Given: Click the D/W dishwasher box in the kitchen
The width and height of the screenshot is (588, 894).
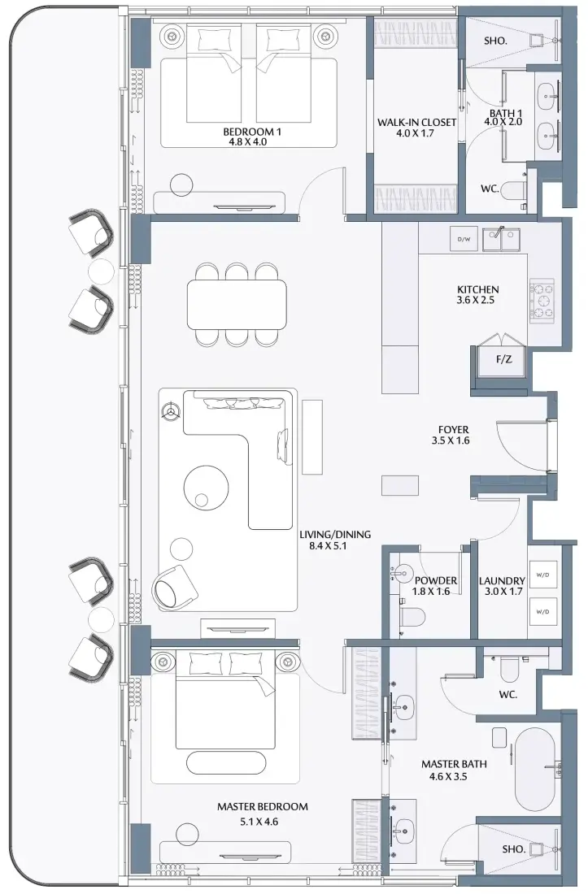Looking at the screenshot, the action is coord(464,240).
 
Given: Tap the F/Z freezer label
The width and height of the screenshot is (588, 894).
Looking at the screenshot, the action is coord(503,359).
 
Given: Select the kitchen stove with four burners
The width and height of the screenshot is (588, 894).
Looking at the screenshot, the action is coord(542,301).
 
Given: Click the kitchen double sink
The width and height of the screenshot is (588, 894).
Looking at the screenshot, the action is coord(501,240).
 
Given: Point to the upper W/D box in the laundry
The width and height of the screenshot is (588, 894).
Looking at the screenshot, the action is coord(542,575).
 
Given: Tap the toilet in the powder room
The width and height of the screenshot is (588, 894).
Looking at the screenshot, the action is coord(412,616).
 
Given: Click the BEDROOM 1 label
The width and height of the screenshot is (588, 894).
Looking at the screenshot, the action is coord(253,132).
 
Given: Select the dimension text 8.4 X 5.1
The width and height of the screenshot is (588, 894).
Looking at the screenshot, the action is coord(328,545).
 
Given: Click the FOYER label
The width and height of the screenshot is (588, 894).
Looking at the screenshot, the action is coord(454,429).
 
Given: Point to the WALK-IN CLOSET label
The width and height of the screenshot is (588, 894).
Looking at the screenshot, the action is coord(417,123).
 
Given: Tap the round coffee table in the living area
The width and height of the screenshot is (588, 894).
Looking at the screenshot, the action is coord(207,486).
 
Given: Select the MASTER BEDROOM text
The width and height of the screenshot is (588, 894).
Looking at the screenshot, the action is coord(263,807).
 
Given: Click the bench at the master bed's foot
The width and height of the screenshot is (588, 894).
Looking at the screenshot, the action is coord(226,762).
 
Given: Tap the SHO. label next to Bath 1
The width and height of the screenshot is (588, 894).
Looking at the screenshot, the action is coord(495,41).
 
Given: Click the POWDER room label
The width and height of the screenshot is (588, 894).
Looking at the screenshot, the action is coord(436,580).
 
